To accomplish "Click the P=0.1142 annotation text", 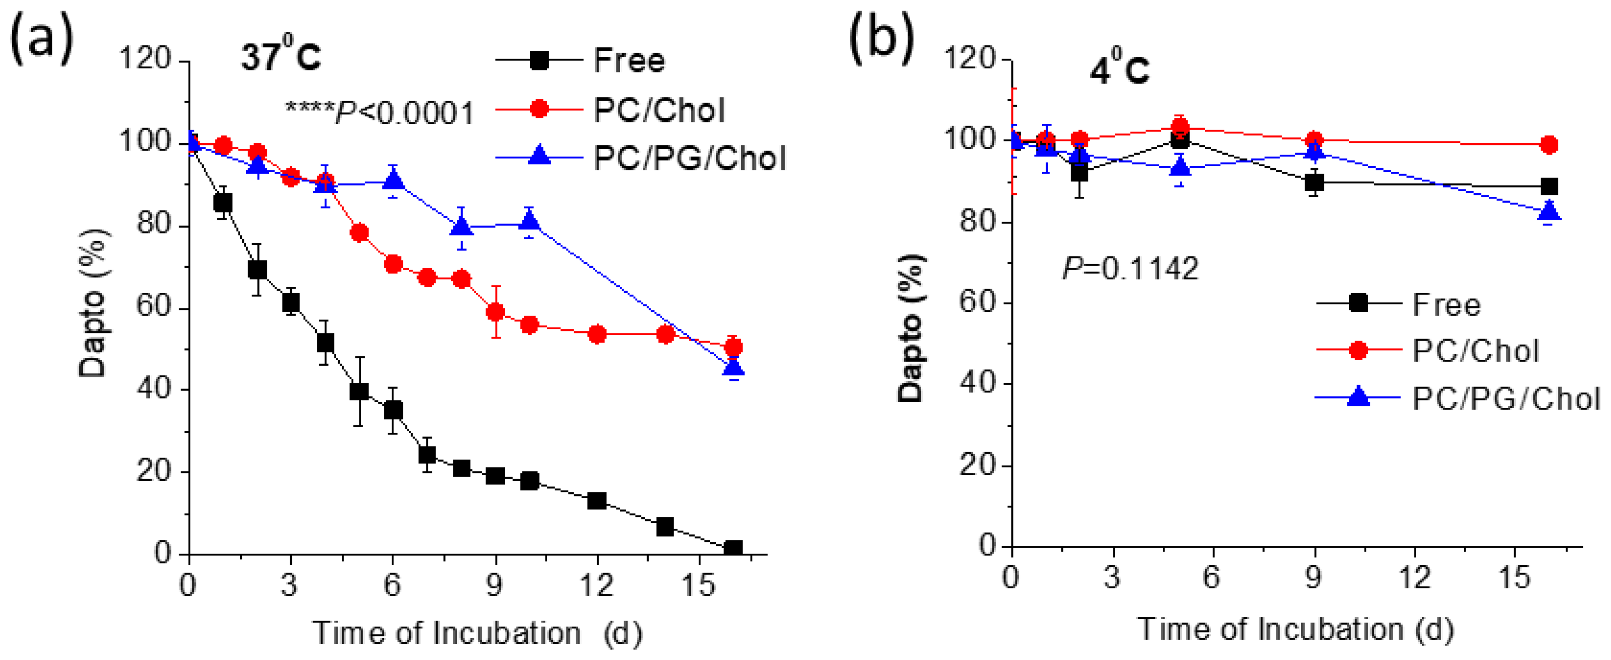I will tap(1130, 269).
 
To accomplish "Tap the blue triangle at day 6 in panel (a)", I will tap(393, 181).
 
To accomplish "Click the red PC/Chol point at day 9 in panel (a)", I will tap(495, 312).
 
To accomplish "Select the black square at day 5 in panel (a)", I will tap(359, 391).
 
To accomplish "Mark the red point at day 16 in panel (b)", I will tap(1549, 145).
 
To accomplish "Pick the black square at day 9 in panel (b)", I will tap(1315, 182).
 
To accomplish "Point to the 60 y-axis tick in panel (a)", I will tap(154, 307).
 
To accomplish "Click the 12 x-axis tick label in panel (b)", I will tap(1415, 577).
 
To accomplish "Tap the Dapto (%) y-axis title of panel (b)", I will tap(911, 328).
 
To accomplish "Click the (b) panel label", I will tap(881, 39).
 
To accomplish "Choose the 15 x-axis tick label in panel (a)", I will tap(698, 585).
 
